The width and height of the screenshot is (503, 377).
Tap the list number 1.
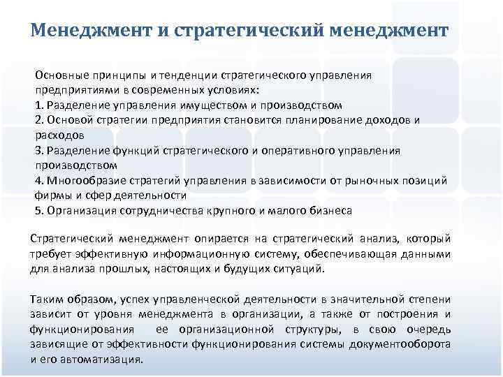tap(38, 105)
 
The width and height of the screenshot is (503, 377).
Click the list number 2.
tap(38, 120)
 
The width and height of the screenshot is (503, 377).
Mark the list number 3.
tap(38, 150)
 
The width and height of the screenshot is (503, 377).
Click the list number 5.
tap(38, 210)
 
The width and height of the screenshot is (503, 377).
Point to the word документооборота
tap(400, 344)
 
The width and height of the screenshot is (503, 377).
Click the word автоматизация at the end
tap(103, 360)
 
